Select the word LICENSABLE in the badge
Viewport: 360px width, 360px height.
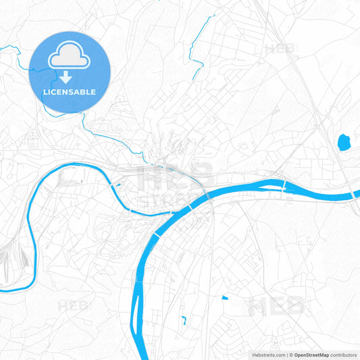(x=70, y=92)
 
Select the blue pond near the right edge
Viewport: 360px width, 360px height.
(x=343, y=142)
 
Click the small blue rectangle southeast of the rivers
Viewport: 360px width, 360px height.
(x=225, y=298)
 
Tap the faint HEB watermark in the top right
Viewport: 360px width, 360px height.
(x=280, y=49)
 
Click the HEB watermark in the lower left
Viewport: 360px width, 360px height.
(x=73, y=306)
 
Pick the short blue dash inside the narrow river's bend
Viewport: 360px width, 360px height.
(x=119, y=183)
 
